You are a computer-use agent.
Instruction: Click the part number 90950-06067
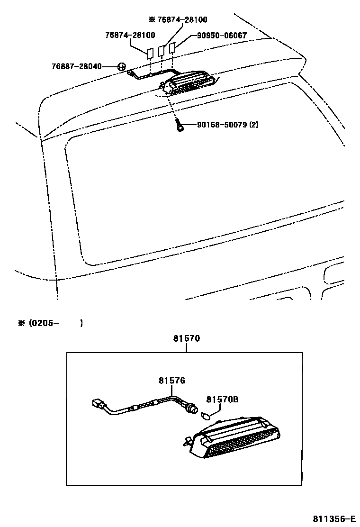point(218,36)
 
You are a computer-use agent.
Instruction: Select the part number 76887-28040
point(76,66)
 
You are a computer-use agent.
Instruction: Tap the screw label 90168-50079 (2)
point(227,125)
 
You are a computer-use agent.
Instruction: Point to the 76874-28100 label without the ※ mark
point(130,36)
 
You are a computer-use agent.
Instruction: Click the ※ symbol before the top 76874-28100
point(152,20)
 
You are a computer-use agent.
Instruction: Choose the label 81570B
point(222,400)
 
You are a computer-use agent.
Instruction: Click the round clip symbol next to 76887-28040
point(121,67)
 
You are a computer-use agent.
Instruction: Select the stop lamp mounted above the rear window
point(189,83)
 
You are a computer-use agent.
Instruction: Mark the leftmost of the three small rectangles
point(150,53)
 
